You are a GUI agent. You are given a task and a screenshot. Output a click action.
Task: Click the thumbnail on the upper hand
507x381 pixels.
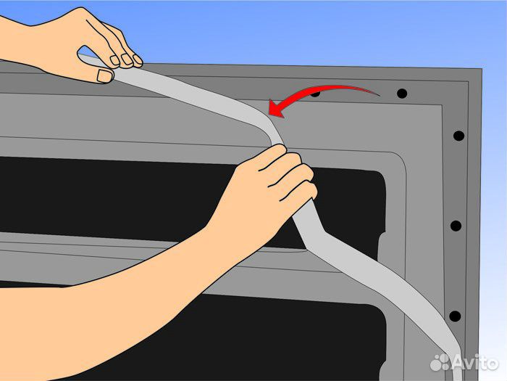pos(105,76)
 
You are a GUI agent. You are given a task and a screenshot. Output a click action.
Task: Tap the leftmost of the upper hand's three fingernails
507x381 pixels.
pos(114,60)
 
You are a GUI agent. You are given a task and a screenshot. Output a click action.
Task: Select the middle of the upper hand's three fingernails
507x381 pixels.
pos(126,59)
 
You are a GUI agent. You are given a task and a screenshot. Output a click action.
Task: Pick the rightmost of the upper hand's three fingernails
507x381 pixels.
pos(138,59)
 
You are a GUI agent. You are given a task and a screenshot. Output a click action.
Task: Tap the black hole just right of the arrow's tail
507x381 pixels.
pos(402,94)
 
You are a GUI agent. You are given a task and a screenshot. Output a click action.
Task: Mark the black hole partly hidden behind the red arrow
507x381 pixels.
pos(315,94)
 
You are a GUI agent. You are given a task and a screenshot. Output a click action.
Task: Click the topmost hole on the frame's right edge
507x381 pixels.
pos(458,136)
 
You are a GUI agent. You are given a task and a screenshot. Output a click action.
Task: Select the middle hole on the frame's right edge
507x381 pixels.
pos(456,226)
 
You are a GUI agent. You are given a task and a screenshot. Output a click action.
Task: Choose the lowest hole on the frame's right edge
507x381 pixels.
pos(455,316)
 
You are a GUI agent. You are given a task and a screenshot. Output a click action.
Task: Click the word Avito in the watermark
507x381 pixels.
pos(475,362)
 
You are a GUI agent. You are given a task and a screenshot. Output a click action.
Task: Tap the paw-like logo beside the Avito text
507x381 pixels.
pos(440,362)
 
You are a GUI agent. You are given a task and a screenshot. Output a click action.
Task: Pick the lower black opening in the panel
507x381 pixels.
pos(226,337)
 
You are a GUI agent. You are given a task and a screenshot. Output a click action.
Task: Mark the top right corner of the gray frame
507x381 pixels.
pos(481,69)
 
